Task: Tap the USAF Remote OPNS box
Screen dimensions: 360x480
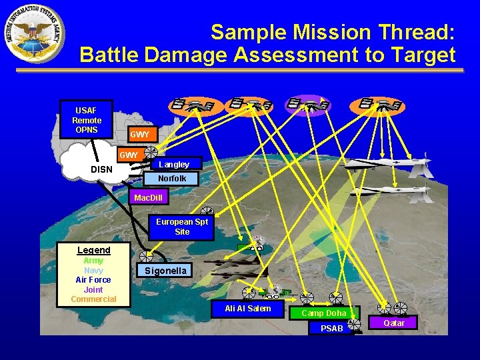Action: coord(87,120)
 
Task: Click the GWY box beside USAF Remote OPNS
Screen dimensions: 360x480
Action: coord(140,135)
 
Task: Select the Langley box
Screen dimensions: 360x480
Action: coord(173,164)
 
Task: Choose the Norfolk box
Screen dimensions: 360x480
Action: coord(172,179)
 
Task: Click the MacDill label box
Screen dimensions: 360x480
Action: coord(148,198)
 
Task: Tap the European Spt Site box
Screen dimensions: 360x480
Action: coord(181,227)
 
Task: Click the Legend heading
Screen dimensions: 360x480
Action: coord(94,250)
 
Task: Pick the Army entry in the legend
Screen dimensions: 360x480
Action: coord(94,261)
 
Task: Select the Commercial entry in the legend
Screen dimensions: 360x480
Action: coord(94,299)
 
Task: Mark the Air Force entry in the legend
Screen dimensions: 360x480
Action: coord(94,280)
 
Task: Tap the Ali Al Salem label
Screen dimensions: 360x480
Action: coord(248,308)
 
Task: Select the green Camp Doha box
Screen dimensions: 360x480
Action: coord(323,313)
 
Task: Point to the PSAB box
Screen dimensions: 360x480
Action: coord(331,328)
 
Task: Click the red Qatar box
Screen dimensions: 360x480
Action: coord(394,323)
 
